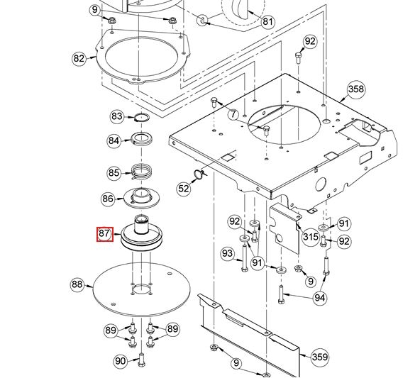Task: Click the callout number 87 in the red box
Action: click(104, 234)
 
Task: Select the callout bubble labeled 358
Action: click(355, 89)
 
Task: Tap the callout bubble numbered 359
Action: click(319, 357)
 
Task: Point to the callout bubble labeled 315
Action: click(310, 237)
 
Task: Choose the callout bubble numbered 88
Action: click(77, 285)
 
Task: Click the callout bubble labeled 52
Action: click(184, 188)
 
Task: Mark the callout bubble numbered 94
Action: click(320, 297)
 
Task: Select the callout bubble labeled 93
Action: click(227, 253)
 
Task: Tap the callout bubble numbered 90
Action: click(121, 361)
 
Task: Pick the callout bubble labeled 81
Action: click(267, 21)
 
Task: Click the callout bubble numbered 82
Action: click(79, 58)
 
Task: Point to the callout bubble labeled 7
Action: click(233, 113)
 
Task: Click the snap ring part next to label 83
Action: click(141, 118)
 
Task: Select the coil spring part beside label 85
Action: click(142, 172)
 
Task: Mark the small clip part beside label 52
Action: click(199, 174)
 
